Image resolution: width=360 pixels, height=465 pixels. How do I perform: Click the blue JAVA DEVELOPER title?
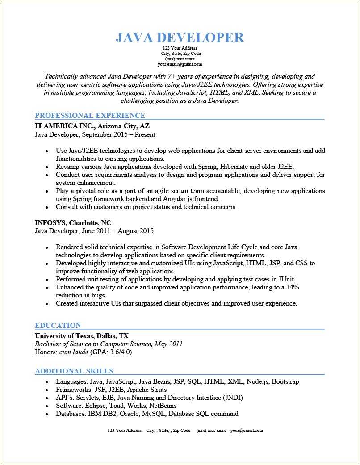coord(180,38)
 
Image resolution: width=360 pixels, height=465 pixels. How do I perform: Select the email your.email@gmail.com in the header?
coord(180,64)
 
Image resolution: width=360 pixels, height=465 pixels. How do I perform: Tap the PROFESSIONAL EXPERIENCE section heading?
coord(90,115)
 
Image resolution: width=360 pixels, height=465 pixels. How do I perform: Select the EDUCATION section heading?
coord(58,325)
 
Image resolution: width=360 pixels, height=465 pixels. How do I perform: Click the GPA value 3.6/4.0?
coord(118,352)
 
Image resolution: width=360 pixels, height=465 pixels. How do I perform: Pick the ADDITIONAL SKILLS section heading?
coord(74,371)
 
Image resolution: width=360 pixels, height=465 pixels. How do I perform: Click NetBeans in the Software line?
coord(162,406)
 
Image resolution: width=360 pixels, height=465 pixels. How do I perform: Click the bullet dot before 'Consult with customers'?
coord(46,207)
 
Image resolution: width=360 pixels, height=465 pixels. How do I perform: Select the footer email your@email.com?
coord(247,431)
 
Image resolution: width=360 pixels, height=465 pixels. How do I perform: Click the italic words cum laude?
coord(73,352)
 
